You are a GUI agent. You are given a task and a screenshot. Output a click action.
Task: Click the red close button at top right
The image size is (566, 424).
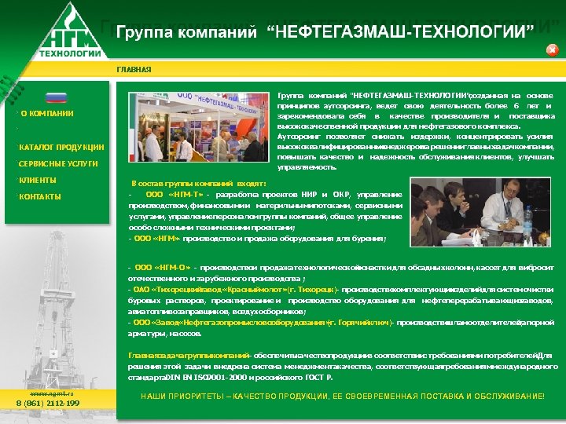(552, 49)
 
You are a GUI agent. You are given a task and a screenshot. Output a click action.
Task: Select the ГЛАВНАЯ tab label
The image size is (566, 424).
(134, 70)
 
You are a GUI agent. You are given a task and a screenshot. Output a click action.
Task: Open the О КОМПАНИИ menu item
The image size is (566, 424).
(46, 114)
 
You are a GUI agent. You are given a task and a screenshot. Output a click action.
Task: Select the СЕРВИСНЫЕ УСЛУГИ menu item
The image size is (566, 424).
(58, 164)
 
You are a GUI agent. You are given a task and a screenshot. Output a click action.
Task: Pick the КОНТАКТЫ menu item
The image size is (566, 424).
(40, 197)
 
